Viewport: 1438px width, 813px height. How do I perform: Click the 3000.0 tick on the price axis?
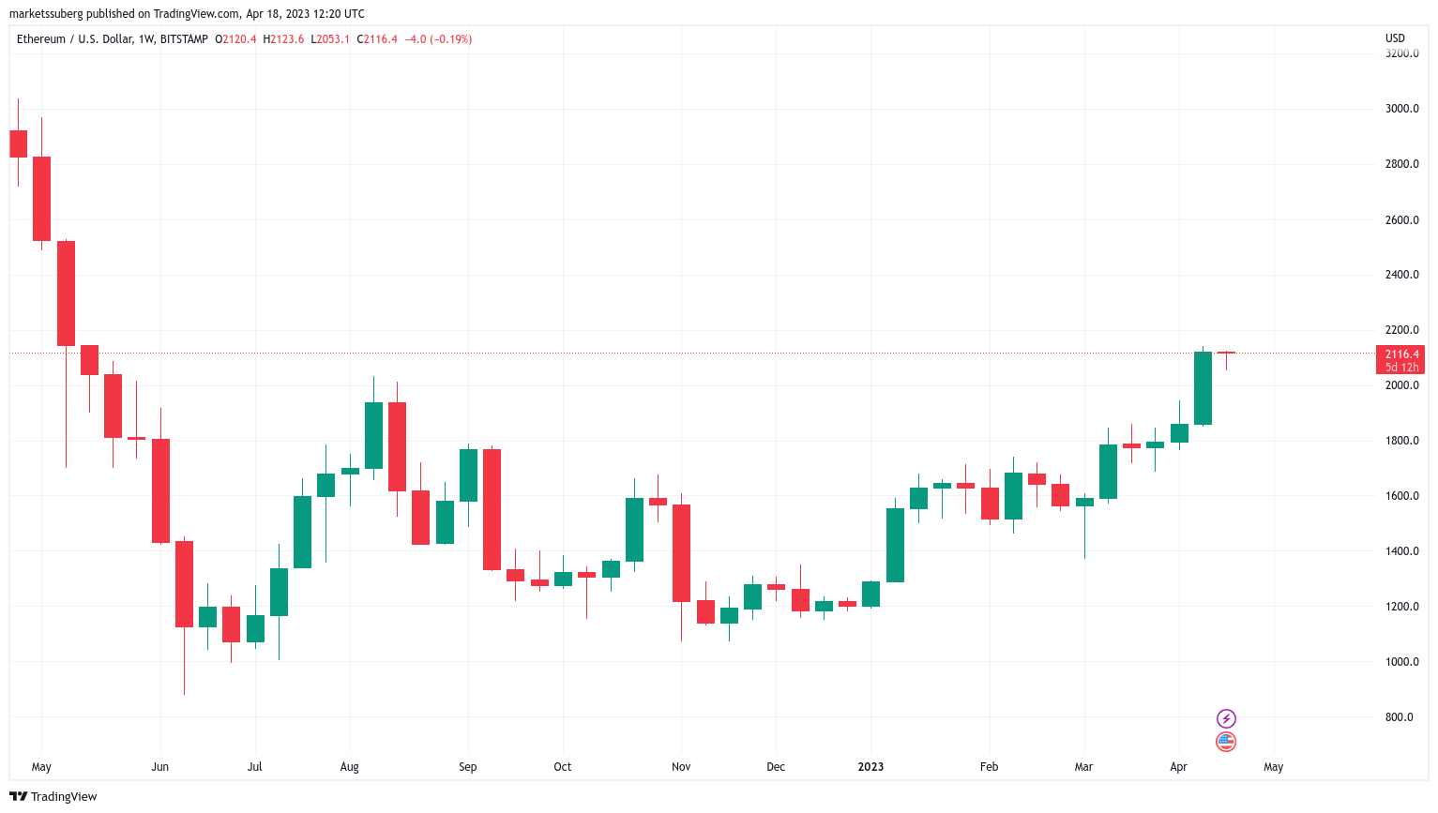1401,109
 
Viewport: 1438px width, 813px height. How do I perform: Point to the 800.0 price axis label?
1399,717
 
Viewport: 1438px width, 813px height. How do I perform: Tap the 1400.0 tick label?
1401,551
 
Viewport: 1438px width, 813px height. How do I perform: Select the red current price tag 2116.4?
1401,354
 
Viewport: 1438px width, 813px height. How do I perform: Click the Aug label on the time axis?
349,767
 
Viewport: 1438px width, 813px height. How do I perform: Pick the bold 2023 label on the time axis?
870,767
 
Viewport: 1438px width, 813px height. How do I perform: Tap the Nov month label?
681,767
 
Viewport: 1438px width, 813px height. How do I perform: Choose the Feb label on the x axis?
989,767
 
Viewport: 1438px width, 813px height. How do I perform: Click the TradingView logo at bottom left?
53,796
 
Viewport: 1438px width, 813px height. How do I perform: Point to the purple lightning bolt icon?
1226,719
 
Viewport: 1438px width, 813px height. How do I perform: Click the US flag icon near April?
1226,742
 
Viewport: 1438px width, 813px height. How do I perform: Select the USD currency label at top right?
1395,38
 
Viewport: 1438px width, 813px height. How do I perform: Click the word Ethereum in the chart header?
41,39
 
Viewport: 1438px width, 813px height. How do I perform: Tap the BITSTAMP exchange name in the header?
184,39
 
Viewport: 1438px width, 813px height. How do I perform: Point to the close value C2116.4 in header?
377,39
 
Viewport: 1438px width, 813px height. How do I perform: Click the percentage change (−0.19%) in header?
451,39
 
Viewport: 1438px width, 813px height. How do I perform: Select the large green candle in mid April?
1203,388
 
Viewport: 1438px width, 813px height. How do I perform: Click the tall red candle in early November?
681,553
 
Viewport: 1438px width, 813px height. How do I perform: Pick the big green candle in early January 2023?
895,545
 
